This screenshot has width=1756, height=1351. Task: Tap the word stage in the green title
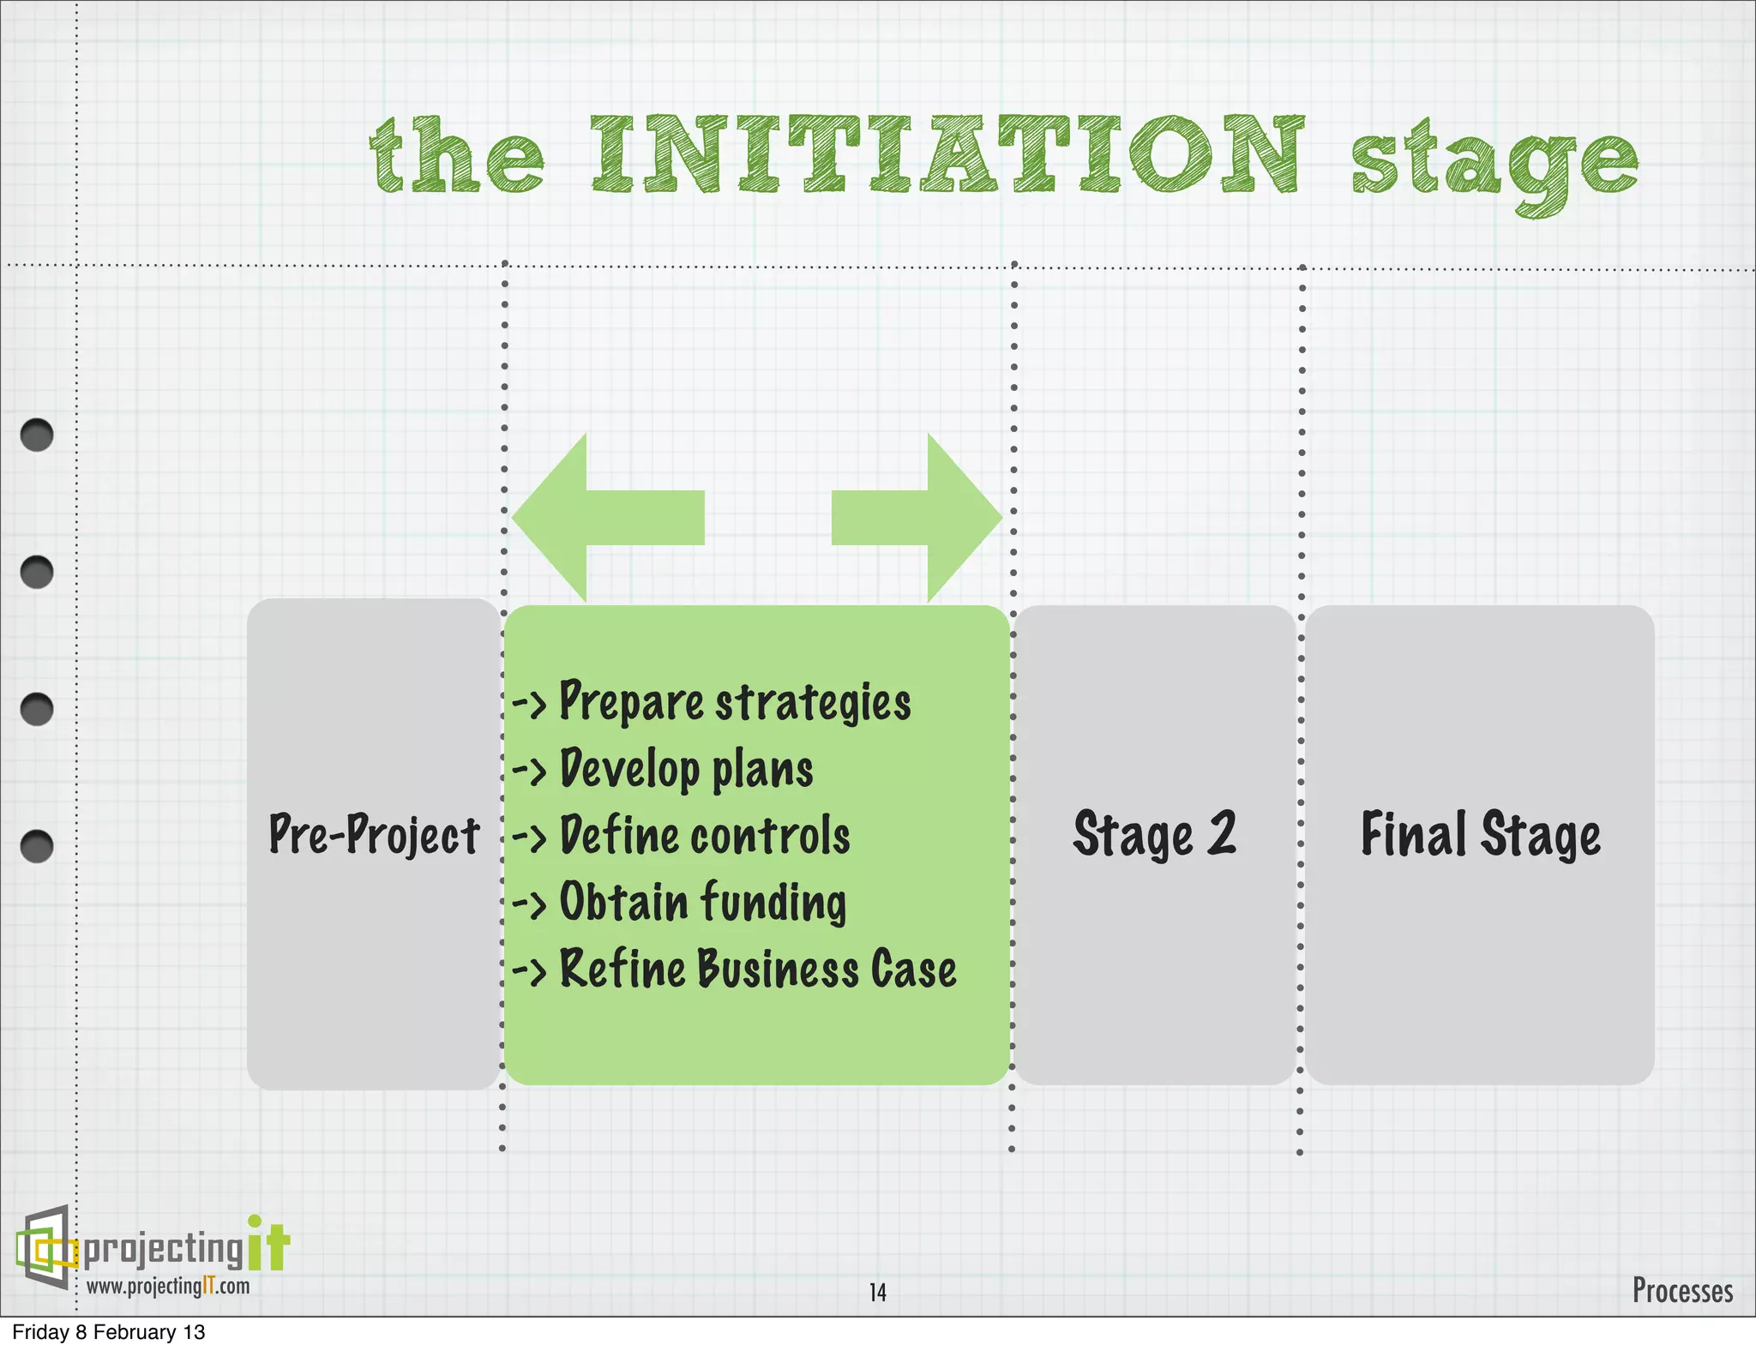pos(1494,163)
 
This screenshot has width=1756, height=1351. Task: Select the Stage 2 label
pos(1155,834)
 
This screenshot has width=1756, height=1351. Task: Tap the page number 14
pos(877,1293)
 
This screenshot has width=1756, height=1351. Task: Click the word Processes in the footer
pos(1681,1290)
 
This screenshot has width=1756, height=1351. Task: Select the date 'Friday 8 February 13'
pos(109,1332)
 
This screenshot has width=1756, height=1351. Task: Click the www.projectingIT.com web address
pos(168,1286)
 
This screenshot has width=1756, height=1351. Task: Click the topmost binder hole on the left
pos(37,435)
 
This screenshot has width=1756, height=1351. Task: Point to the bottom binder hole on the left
pos(37,846)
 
